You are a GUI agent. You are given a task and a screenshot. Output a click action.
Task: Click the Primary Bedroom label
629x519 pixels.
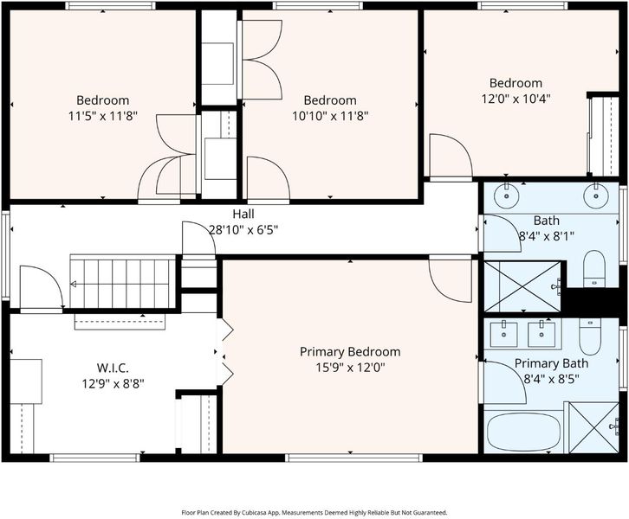coord(350,351)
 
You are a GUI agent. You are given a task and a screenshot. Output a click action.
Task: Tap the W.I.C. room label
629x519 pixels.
coord(113,368)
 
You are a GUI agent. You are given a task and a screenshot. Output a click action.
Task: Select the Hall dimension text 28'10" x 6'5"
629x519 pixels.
coord(243,230)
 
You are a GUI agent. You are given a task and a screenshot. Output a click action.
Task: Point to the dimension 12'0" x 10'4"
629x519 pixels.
coord(516,99)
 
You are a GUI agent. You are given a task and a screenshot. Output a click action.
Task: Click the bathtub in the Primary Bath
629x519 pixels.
coord(523,432)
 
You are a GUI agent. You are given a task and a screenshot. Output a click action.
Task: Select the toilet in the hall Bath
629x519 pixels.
coord(593,269)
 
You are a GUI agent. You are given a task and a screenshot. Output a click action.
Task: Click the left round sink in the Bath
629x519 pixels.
coord(507,195)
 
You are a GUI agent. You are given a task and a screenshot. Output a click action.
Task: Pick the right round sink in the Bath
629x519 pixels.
coord(596,195)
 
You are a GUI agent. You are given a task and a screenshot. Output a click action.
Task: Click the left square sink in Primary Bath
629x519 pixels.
coord(504,334)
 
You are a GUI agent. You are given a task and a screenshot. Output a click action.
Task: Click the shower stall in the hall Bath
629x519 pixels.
coord(522,286)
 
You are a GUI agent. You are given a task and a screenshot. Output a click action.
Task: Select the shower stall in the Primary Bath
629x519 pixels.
coord(594,427)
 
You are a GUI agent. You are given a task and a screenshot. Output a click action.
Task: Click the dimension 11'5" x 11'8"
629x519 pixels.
coord(103,116)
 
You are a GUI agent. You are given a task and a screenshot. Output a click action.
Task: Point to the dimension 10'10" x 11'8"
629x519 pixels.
coord(330,116)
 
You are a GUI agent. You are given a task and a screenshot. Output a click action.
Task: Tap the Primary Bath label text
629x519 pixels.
coord(551,363)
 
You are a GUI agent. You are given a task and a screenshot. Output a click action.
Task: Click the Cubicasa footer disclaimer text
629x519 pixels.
coord(314,513)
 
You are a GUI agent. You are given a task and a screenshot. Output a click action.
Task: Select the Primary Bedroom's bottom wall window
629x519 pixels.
coord(353,458)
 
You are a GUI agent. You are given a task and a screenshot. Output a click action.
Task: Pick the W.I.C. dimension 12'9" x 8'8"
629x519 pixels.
coord(113,384)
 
